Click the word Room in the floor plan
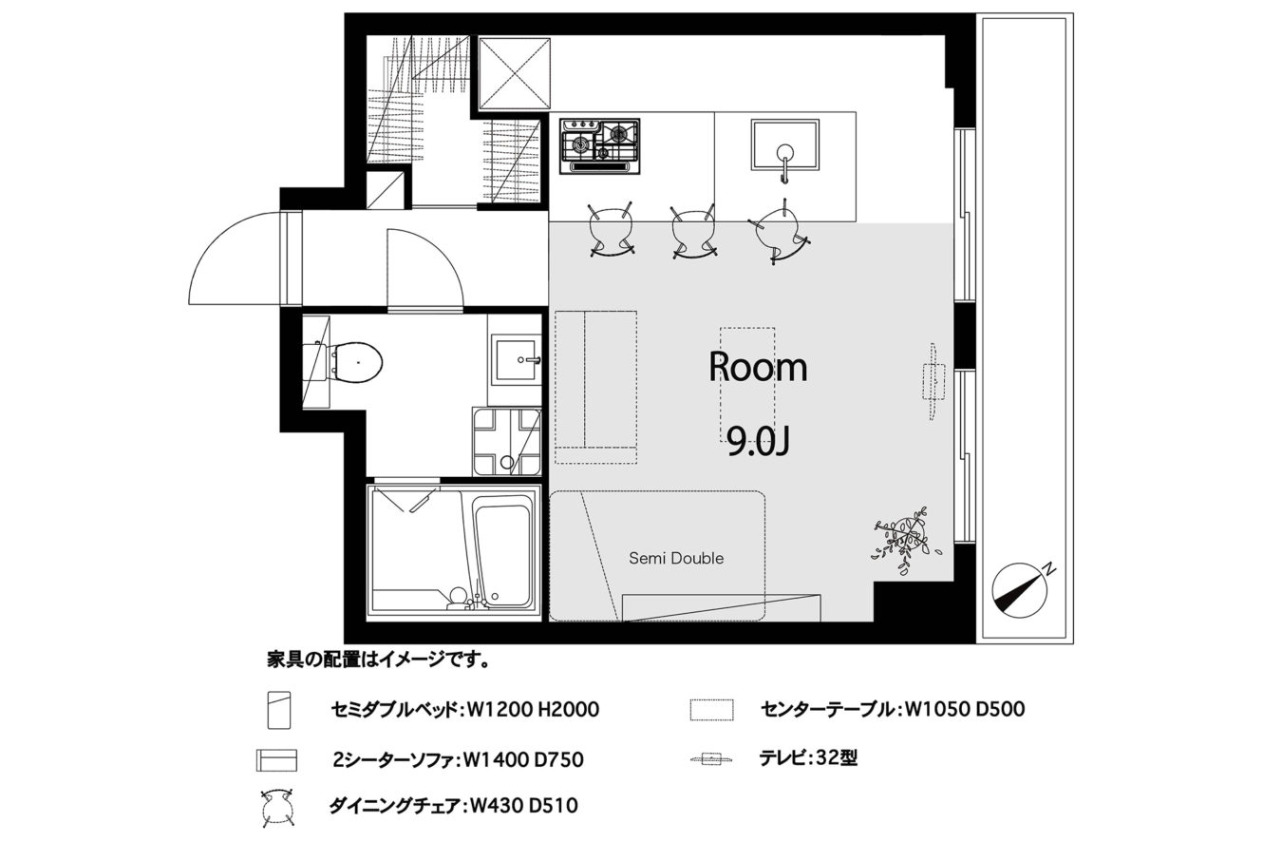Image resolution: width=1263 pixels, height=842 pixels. point(758,367)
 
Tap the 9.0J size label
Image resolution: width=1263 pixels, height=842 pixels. point(757,441)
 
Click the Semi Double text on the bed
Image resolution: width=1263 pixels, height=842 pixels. point(676,558)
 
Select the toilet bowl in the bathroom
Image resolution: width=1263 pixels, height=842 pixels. point(355,362)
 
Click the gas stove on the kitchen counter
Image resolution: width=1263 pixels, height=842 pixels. point(599,146)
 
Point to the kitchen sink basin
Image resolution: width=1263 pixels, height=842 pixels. point(784,145)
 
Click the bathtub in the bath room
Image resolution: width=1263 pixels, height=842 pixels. point(500,555)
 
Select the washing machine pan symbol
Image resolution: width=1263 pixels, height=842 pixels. point(507,442)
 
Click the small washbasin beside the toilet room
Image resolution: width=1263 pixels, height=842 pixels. point(516,359)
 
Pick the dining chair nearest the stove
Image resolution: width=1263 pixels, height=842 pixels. point(610,229)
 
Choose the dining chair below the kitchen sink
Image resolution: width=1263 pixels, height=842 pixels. point(780,231)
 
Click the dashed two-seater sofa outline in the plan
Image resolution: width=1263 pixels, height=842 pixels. point(596,387)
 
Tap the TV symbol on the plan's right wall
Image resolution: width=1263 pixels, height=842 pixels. point(934,380)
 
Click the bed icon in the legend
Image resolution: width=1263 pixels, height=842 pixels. point(279,710)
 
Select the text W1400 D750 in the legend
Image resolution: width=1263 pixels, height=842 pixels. point(522,759)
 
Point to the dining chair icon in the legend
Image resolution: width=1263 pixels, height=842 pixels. point(277,808)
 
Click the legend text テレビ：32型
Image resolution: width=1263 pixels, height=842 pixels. point(808,758)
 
